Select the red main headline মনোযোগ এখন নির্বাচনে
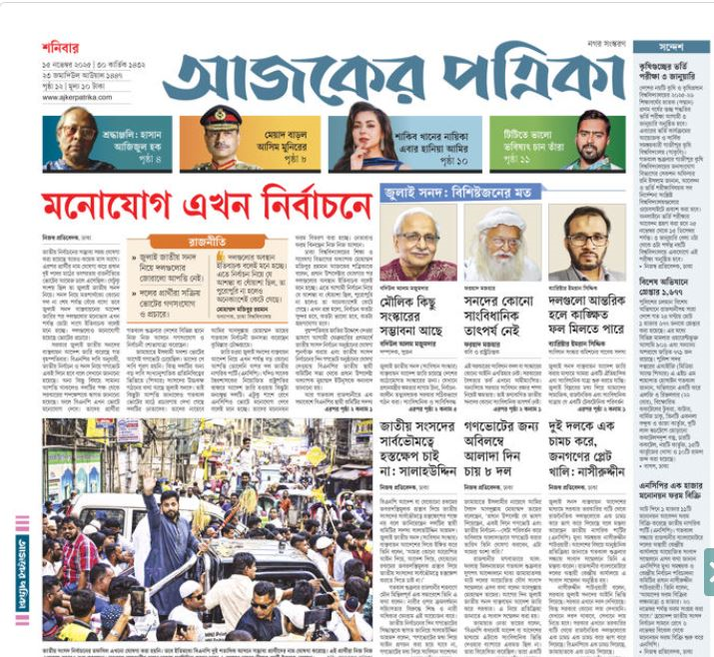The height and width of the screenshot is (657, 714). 207,207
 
